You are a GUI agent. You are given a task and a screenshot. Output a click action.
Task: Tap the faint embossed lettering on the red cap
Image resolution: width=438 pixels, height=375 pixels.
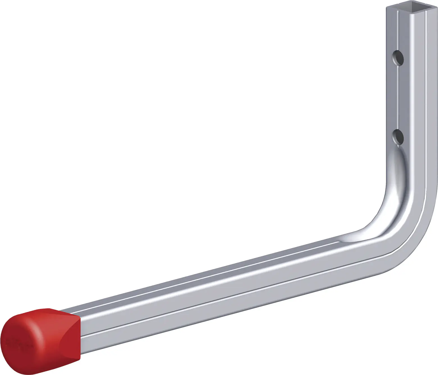(17, 343)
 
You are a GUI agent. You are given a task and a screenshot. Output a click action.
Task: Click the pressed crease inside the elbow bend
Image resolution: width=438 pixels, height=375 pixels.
(393, 197)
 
